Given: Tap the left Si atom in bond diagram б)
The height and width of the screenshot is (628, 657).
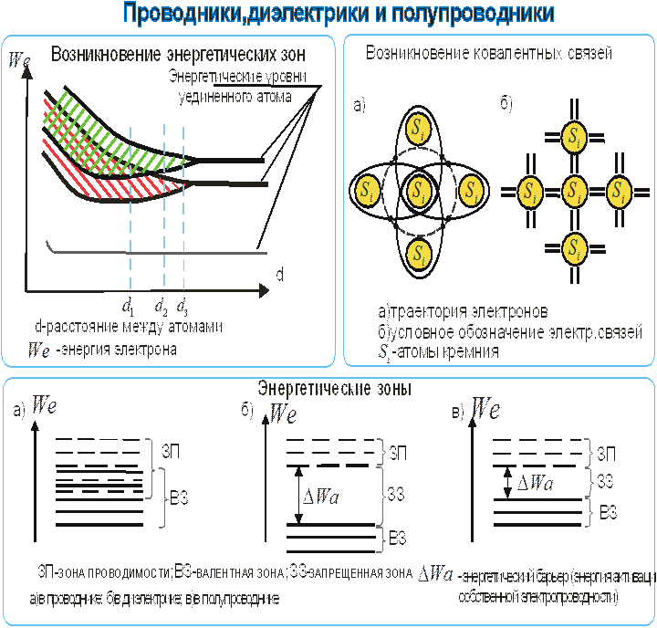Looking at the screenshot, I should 529,192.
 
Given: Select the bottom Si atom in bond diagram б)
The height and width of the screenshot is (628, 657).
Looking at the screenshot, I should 574,248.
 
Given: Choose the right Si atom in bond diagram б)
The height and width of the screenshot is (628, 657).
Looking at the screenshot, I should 620,192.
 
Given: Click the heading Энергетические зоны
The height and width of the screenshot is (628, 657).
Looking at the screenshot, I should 334,388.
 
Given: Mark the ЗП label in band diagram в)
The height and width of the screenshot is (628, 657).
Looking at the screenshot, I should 605,454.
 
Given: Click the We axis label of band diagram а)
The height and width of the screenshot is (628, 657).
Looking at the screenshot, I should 44,406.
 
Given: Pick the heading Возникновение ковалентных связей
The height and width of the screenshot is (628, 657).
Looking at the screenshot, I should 488,54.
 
